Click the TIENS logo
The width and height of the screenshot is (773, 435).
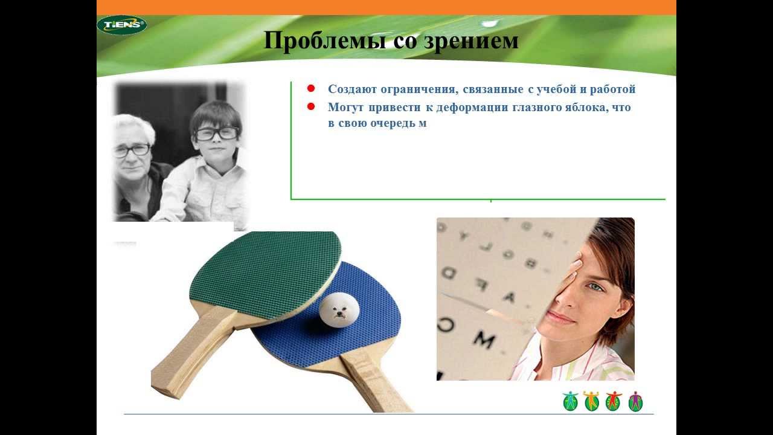121,25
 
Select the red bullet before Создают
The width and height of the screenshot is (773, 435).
311,88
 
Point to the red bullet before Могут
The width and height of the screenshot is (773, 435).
311,106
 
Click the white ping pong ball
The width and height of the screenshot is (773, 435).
339,309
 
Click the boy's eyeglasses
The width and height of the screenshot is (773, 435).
216,134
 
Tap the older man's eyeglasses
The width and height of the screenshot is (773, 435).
132,150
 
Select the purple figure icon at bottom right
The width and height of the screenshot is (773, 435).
635,401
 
